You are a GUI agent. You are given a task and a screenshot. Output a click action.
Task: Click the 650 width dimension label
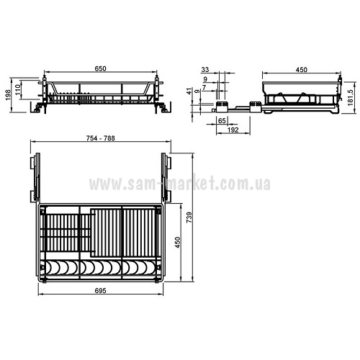pos(100,68)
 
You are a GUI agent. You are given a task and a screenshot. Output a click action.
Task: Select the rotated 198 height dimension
pos(8,94)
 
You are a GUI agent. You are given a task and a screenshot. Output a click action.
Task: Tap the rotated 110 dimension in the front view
pos(18,89)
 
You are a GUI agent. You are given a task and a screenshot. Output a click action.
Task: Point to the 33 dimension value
pos(205,70)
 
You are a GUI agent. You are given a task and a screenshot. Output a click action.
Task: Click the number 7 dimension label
pos(204,88)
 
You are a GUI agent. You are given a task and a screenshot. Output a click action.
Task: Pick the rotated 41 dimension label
pos(189,91)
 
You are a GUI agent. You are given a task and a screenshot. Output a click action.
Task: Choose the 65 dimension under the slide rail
pos(222,120)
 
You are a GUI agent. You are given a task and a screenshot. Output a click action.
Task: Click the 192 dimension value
pos(233,130)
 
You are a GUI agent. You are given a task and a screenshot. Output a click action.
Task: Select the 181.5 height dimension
pos(351,98)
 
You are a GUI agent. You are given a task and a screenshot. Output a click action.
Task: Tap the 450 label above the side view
pos(301,70)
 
